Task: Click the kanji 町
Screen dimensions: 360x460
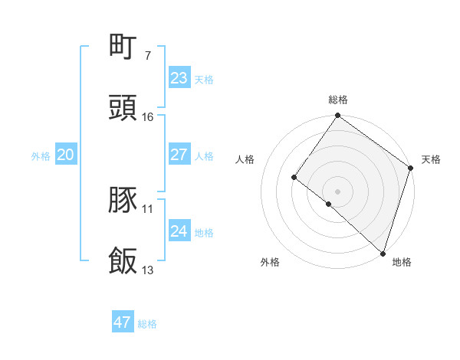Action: (x=123, y=47)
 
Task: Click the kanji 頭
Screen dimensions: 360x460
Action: (x=123, y=108)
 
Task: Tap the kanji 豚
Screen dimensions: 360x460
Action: (x=123, y=200)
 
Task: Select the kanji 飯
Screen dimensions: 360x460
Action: (x=123, y=261)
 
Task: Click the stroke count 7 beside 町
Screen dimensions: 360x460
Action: (x=147, y=56)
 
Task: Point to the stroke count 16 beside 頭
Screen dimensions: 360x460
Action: (x=148, y=117)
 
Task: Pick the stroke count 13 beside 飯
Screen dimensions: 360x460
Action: (x=148, y=270)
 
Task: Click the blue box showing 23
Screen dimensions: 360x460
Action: (x=179, y=78)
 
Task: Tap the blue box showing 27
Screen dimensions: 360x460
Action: (x=179, y=155)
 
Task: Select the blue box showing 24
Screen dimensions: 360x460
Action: (x=179, y=231)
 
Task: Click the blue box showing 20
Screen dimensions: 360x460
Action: (x=65, y=155)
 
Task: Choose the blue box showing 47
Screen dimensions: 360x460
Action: (x=123, y=322)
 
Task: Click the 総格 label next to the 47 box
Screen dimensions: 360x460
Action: (x=147, y=324)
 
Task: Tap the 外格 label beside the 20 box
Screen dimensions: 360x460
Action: (x=41, y=156)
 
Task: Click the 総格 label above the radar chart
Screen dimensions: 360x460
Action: (x=337, y=100)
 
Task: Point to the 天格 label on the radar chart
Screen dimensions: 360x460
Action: (x=431, y=159)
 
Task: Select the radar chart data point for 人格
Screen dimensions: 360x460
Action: (x=294, y=177)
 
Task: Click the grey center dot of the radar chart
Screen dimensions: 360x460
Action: (x=337, y=191)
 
